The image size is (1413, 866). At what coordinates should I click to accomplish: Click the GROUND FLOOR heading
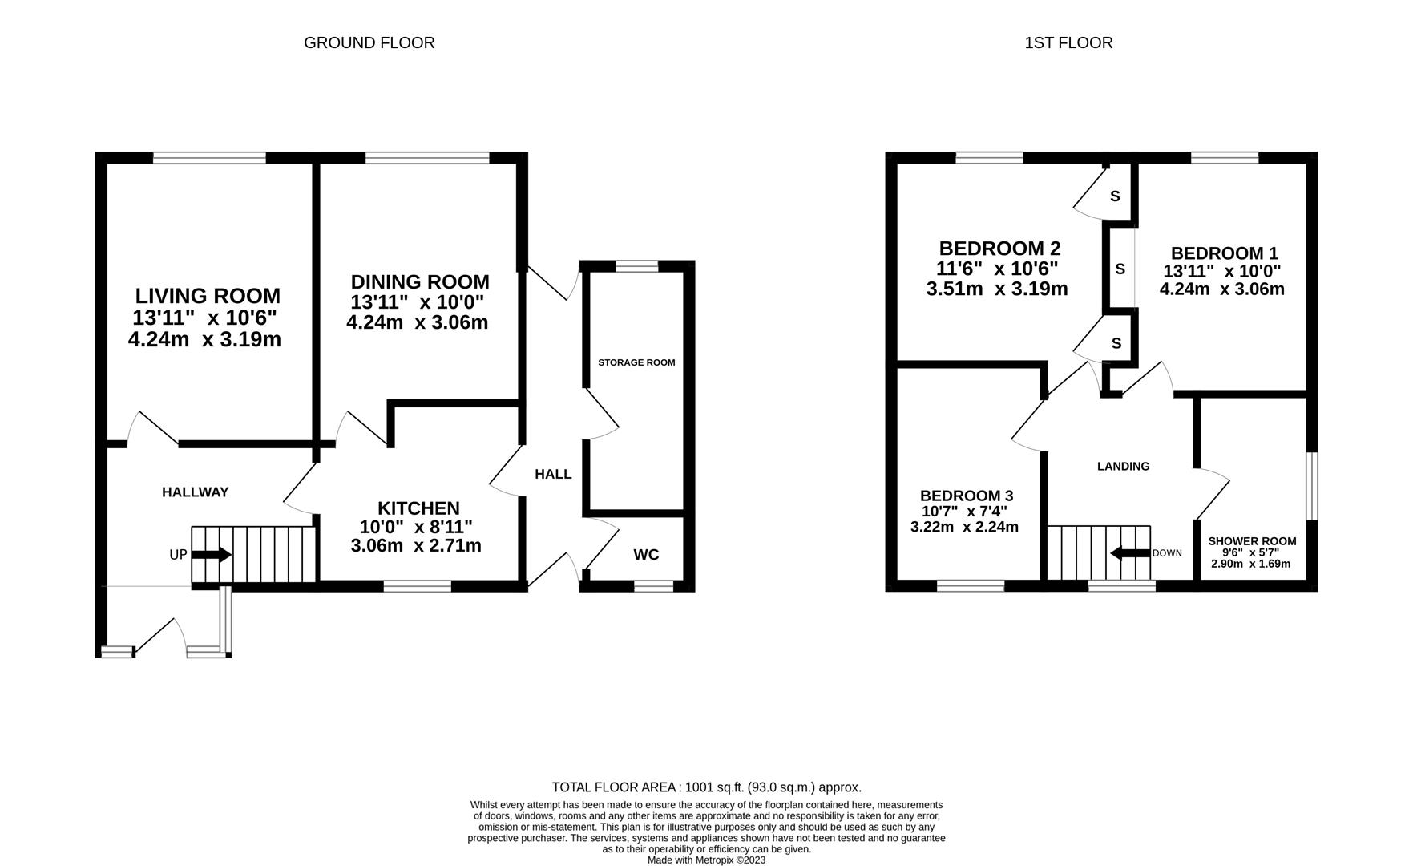[x=369, y=42]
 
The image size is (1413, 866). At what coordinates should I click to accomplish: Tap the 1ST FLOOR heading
[x=1068, y=42]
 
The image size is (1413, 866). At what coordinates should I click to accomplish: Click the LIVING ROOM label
[x=207, y=297]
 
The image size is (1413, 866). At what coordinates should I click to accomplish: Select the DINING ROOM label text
[x=419, y=282]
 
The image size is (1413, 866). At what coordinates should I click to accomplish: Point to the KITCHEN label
[x=418, y=508]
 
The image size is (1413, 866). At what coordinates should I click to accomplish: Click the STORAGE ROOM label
[x=636, y=362]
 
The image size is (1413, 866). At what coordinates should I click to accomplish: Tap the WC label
[x=646, y=555]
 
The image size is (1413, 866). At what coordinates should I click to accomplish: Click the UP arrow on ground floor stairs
[x=211, y=555]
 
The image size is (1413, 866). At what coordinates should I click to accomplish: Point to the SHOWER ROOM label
[x=1252, y=541]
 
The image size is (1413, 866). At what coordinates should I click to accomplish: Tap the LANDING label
[x=1123, y=466]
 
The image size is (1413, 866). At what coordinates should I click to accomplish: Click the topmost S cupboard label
[x=1115, y=196]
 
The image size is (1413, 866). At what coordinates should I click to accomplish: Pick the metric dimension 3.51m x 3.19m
[x=996, y=289]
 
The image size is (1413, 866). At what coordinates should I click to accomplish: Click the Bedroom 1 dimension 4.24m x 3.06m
[x=1221, y=289]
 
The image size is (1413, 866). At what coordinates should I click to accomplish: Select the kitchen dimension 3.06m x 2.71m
[x=416, y=546]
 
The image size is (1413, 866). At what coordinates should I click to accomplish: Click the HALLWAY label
[x=196, y=492]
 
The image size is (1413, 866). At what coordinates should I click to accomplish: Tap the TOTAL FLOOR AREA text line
[x=706, y=787]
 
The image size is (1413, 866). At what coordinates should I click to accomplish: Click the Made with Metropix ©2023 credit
[x=706, y=860]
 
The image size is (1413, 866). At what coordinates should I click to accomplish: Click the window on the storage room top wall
[x=636, y=266]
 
